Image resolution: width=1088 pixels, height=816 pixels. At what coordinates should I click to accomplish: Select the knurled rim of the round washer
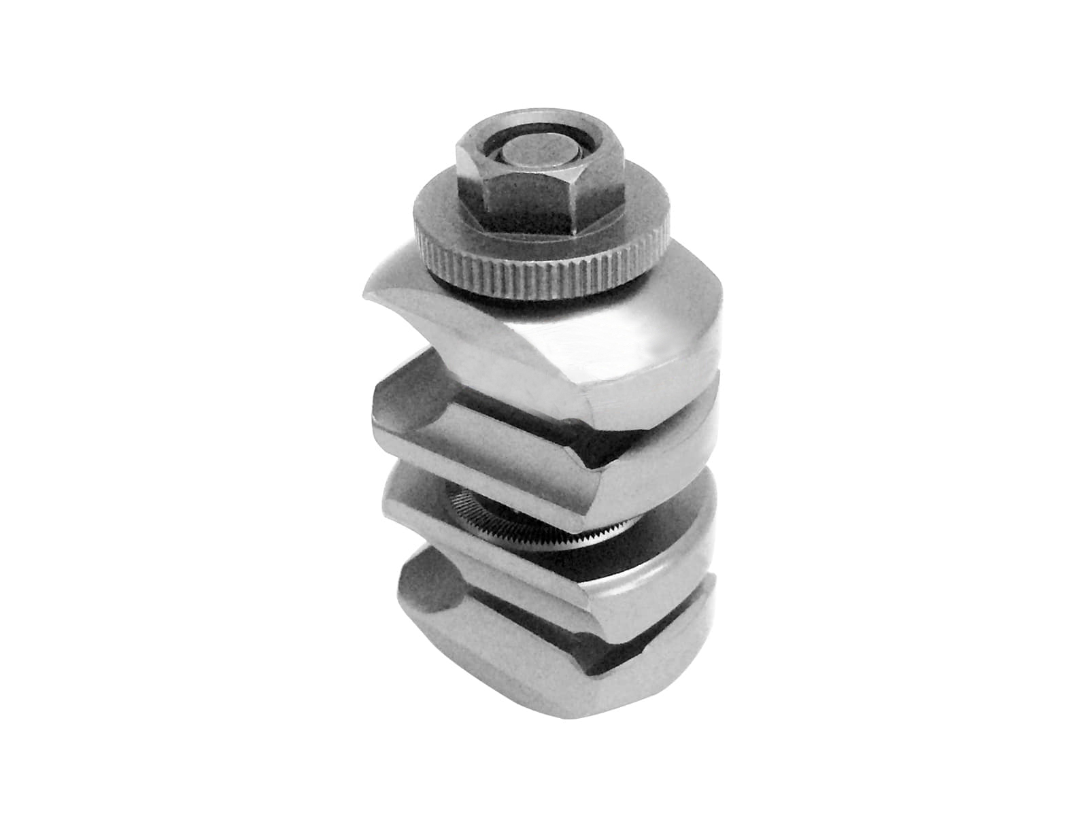pyautogui.click(x=544, y=279)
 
